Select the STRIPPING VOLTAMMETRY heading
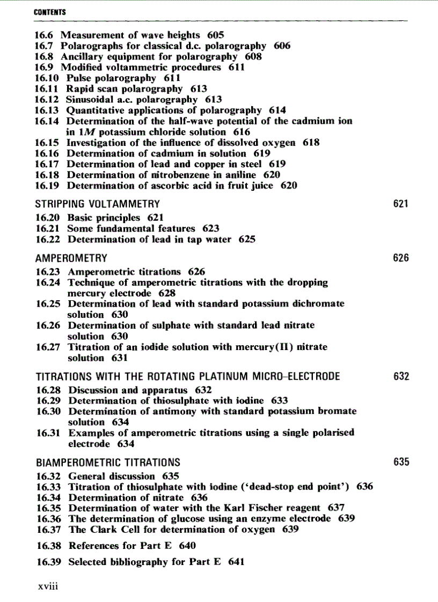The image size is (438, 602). (97, 204)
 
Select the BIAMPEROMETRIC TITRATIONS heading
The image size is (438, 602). (108, 462)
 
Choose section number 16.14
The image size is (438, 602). (47, 121)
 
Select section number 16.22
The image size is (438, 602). (47, 240)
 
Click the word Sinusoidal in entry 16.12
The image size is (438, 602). (90, 100)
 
